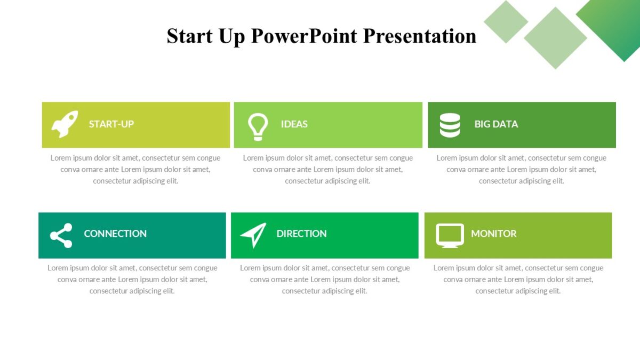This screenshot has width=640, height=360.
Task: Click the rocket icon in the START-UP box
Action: coord(65,124)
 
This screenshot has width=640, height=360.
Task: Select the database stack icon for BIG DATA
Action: coord(450,125)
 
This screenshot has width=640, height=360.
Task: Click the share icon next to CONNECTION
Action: coord(61,235)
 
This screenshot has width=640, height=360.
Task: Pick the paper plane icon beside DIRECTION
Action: coord(253,235)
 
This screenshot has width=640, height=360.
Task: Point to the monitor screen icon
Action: coord(450,235)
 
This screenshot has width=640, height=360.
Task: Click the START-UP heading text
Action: coord(111,124)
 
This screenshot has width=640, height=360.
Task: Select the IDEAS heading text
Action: coord(294,124)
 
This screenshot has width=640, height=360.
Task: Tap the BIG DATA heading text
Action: coord(496,124)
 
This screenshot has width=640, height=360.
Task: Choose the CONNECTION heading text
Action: coord(115,234)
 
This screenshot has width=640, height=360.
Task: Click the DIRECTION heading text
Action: coord(301,234)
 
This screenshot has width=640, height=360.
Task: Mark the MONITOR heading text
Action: coord(494,234)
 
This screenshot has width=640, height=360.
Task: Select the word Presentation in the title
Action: coord(420,36)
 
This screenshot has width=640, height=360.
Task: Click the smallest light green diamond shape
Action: coord(506,21)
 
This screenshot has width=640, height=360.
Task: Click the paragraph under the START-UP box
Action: coord(135,169)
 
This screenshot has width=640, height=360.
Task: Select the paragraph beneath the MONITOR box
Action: coord(518,279)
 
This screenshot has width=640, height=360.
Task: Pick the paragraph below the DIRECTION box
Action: coord(325,279)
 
